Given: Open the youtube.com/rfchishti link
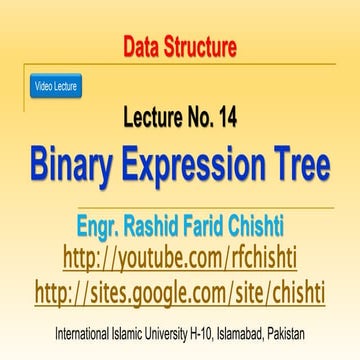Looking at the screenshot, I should [x=180, y=258].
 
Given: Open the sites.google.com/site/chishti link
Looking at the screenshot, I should [x=180, y=293].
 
